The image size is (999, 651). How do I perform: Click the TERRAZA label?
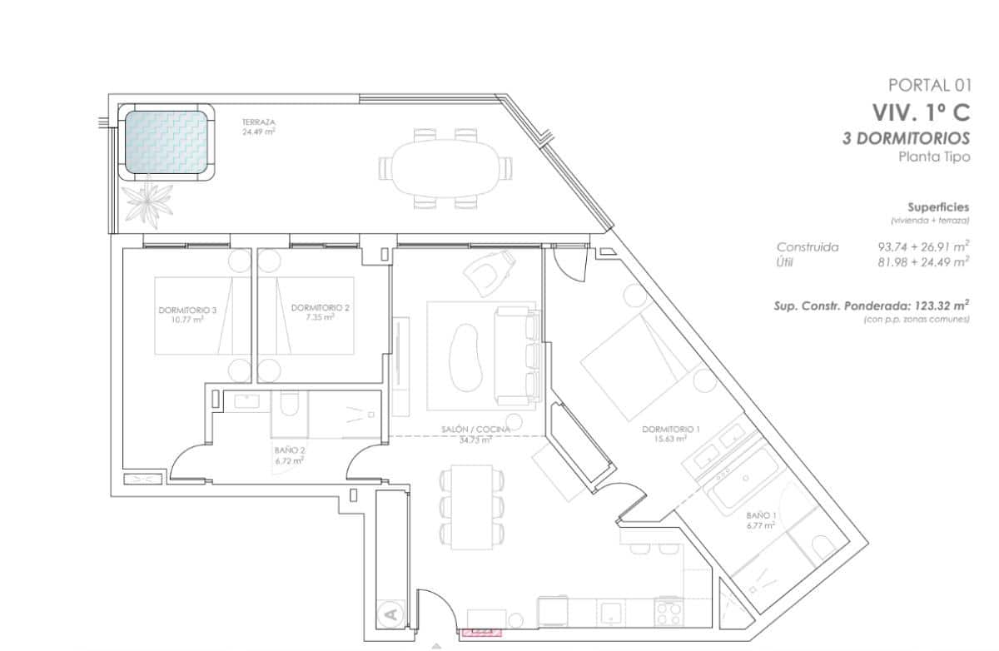point(259,122)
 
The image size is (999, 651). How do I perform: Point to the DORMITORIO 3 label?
point(187,309)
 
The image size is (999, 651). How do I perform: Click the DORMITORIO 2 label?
point(320,307)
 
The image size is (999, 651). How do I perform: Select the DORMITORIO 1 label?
point(670,429)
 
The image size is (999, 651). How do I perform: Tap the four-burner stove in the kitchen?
point(669,614)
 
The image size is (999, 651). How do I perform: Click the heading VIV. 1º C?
point(921,112)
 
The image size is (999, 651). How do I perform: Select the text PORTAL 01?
point(929,84)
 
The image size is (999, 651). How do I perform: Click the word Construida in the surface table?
point(807,247)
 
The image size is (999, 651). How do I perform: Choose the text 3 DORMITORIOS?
point(906,138)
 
